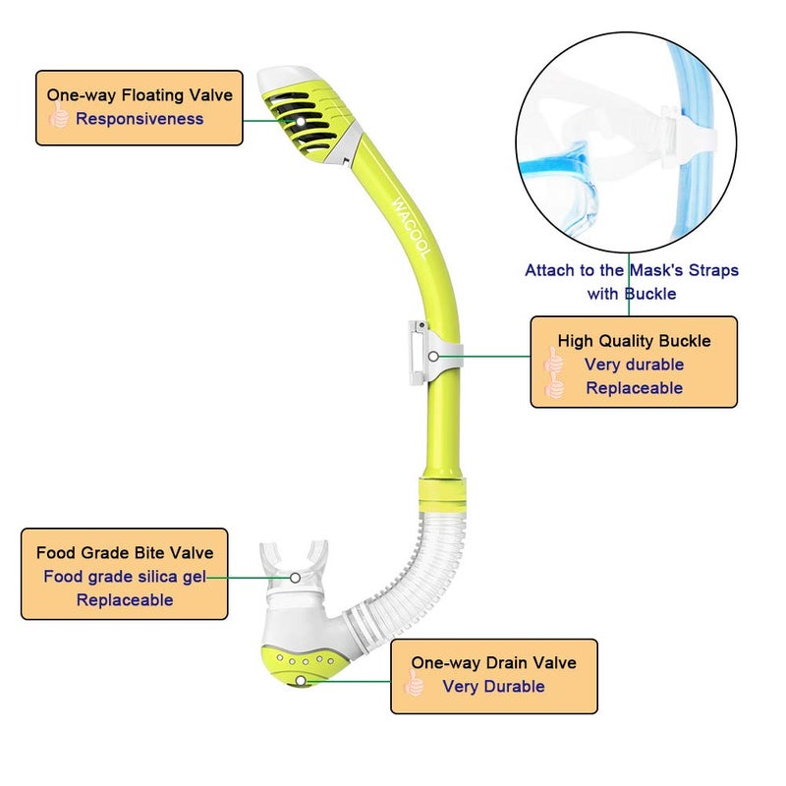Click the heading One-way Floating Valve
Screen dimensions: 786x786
point(140,95)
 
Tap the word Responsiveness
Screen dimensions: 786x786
point(140,119)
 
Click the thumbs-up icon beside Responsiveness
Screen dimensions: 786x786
point(59,119)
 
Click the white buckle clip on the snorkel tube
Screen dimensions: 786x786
point(417,353)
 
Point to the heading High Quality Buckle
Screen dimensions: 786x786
point(634,341)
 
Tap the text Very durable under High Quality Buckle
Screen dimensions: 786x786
point(634,365)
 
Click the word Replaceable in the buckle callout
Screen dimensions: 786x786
point(634,388)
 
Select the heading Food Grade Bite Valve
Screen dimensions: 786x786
point(125,553)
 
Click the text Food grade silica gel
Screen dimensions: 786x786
point(125,577)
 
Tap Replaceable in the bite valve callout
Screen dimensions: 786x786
point(125,600)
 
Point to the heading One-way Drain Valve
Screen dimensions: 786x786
point(493,663)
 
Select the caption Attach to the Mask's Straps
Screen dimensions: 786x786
point(631,270)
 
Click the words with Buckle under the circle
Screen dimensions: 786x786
point(631,294)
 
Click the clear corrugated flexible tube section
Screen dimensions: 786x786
point(413,570)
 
